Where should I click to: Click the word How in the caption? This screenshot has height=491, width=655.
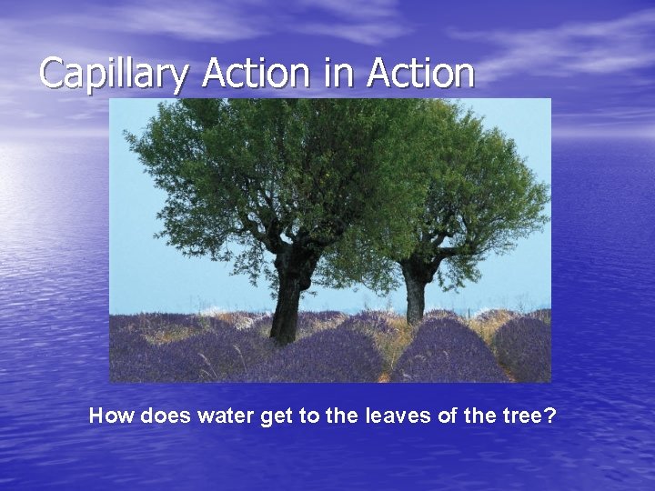[x=110, y=416]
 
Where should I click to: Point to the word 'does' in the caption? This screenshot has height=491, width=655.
[x=163, y=416]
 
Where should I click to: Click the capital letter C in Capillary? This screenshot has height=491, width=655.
[x=53, y=73]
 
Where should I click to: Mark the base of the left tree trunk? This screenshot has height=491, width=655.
[x=285, y=339]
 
